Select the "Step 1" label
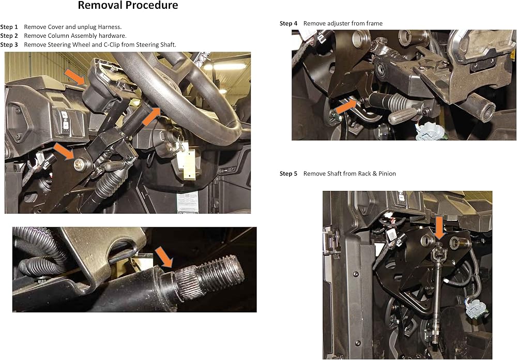pyautogui.click(x=9, y=27)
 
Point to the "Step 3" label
pyautogui.click(x=9, y=45)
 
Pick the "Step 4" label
pyautogui.click(x=288, y=23)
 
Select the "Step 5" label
pyautogui.click(x=288, y=174)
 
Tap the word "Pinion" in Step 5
pyautogui.click(x=387, y=174)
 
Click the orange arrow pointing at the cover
pyautogui.click(x=75, y=77)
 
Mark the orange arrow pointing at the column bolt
pyautogui.click(x=64, y=152)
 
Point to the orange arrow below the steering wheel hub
pyautogui.click(x=151, y=116)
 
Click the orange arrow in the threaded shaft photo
pyautogui.click(x=164, y=257)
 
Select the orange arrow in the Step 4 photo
pyautogui.click(x=346, y=107)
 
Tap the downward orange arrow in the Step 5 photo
pyautogui.click(x=439, y=228)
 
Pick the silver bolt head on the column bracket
pyautogui.click(x=80, y=164)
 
